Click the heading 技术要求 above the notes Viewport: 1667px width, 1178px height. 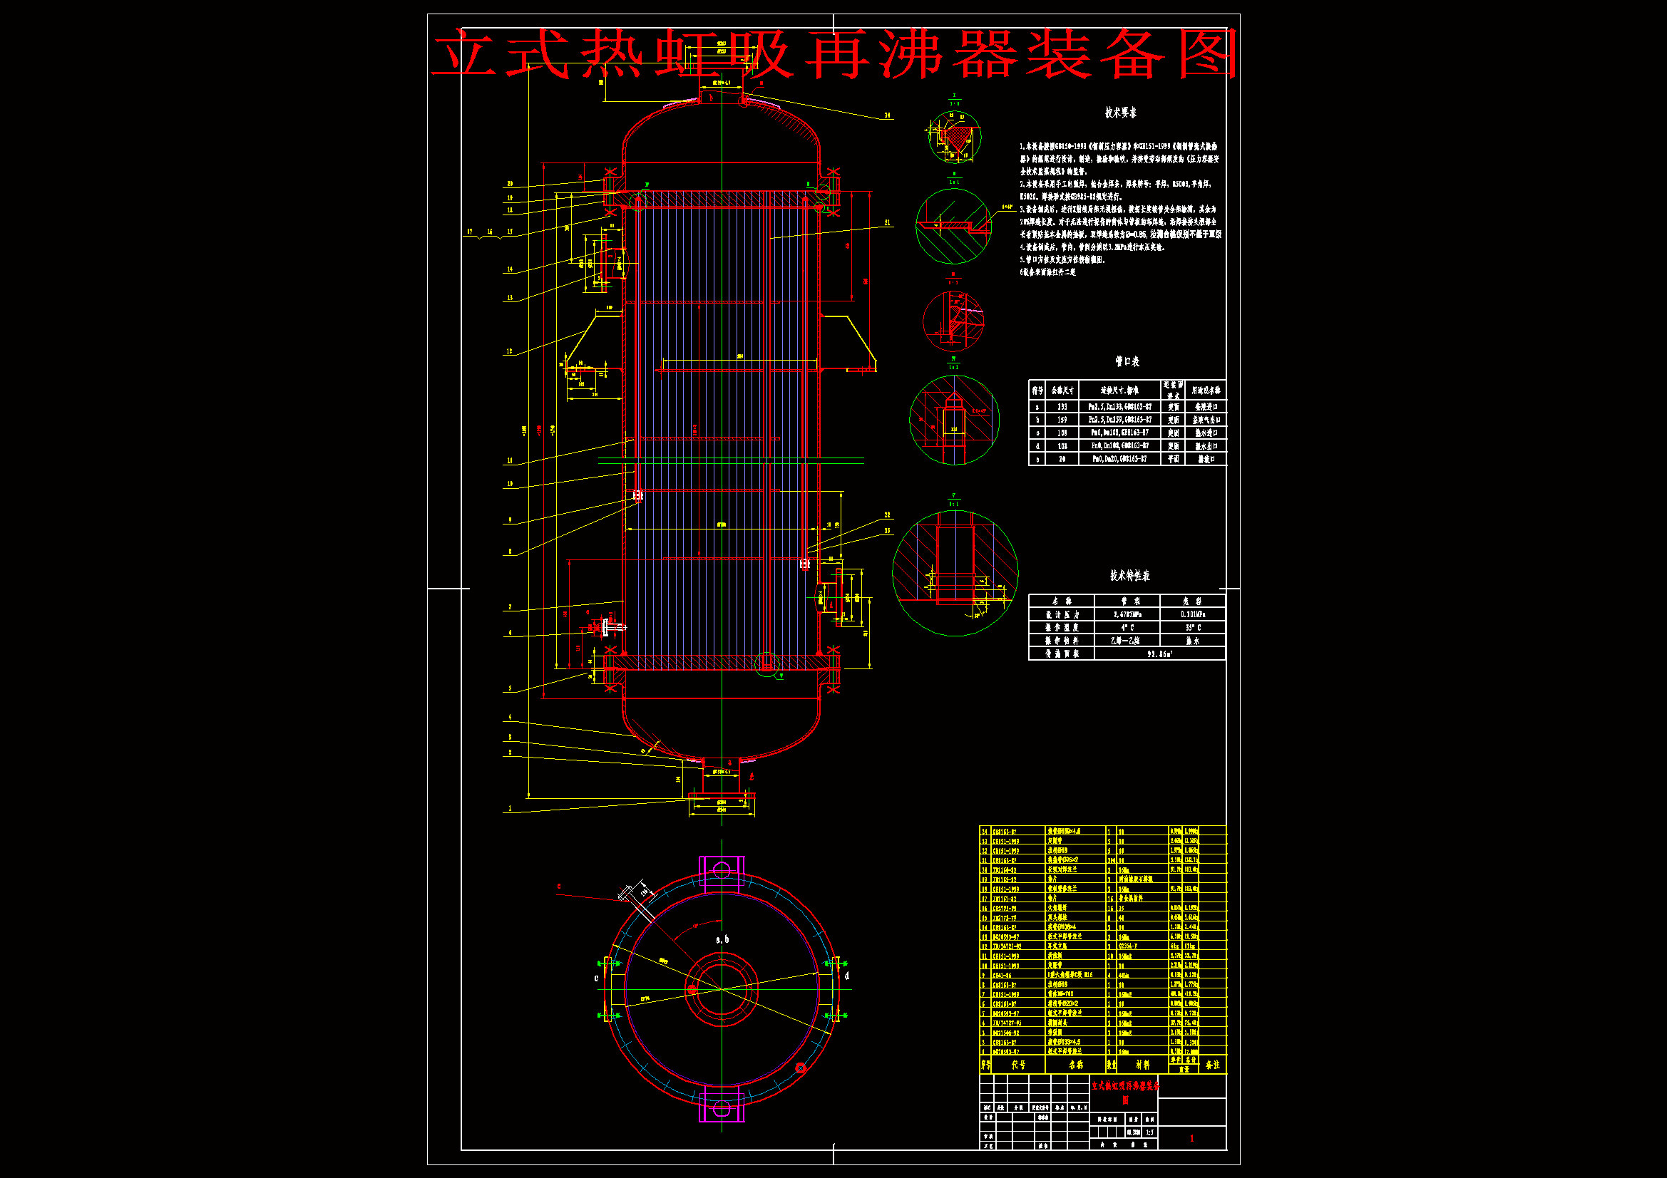click(x=1120, y=113)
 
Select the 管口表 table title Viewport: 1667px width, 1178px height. click(x=1127, y=361)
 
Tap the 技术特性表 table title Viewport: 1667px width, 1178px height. click(x=1129, y=576)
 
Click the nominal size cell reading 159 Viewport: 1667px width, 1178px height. click(x=1062, y=420)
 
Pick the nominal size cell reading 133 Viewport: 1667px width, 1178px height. click(x=1062, y=407)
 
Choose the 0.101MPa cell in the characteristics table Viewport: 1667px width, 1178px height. click(x=1192, y=614)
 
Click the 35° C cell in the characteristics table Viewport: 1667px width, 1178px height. click(x=1192, y=627)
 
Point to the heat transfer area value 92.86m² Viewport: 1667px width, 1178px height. click(x=1159, y=654)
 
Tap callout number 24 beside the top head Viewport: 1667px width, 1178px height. click(x=887, y=115)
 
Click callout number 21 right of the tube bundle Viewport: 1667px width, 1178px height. click(x=887, y=223)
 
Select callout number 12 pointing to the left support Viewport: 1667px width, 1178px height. click(x=509, y=351)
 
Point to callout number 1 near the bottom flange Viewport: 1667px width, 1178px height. click(x=510, y=808)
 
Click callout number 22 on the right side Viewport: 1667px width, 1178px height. click(x=887, y=515)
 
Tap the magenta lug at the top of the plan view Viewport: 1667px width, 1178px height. click(x=721, y=870)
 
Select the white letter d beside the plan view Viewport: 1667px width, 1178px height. click(x=846, y=976)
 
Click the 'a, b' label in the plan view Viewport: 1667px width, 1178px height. click(x=722, y=939)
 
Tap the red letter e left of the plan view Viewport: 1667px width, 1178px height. click(x=559, y=887)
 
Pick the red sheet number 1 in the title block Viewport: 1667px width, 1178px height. click(x=1191, y=1138)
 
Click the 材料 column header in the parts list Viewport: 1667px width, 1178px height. click(x=1142, y=1065)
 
